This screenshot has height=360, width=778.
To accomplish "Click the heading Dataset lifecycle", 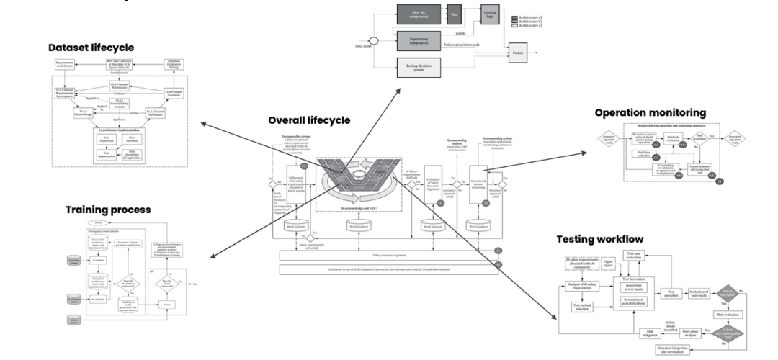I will [91, 48].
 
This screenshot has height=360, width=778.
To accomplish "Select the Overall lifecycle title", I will [309, 120].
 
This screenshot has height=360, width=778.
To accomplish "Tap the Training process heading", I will [108, 210].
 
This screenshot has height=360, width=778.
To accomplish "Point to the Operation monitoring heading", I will [650, 113].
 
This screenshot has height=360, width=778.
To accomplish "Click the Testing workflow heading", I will [599, 239].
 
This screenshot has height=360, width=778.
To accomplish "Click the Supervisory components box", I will [419, 40].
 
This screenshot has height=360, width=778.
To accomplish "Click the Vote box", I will [455, 14].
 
